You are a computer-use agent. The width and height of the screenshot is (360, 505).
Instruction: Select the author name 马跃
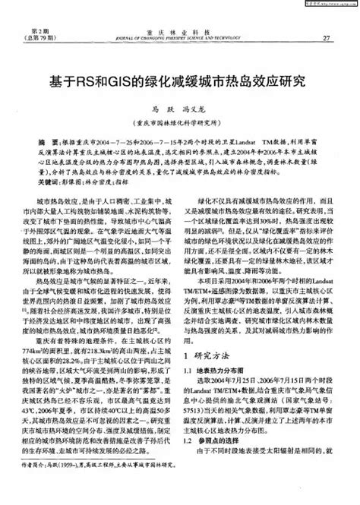(x=158, y=109)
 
